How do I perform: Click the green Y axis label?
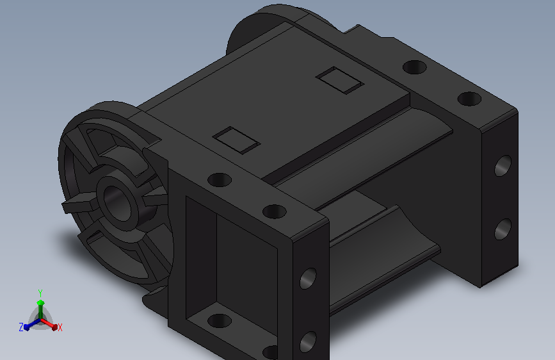[x=40, y=293]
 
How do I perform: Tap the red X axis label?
[x=60, y=327]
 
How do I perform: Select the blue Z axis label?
[x=21, y=327]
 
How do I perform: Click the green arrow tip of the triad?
[x=41, y=302]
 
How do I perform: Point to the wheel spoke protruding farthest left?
[x=79, y=204]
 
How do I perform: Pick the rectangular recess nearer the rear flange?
[x=340, y=81]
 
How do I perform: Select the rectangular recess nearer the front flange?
[x=236, y=140]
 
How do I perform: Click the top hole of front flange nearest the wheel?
[x=220, y=180]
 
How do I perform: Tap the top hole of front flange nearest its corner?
[x=275, y=211]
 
